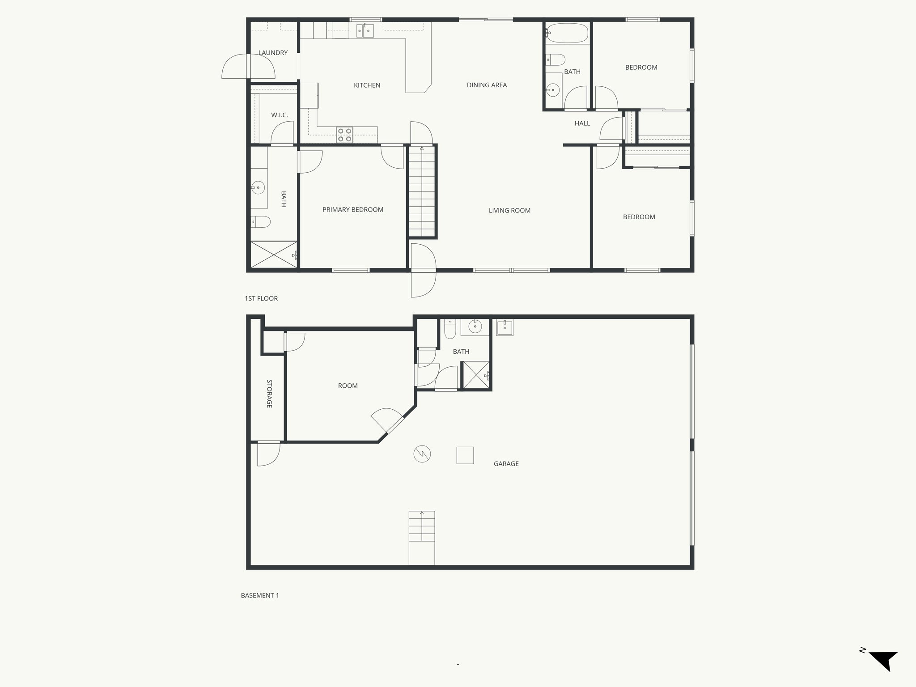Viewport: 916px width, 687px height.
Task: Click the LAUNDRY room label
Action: click(x=273, y=53)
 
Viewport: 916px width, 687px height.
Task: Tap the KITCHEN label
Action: click(x=367, y=85)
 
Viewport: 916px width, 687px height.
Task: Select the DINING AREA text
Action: click(x=487, y=85)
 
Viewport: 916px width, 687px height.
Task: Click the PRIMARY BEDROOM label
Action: click(x=352, y=210)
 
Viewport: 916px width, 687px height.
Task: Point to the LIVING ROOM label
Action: click(x=509, y=211)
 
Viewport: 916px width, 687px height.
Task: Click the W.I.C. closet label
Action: click(x=279, y=115)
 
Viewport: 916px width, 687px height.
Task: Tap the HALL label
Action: click(x=582, y=123)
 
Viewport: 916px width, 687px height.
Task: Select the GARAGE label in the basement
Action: click(x=506, y=464)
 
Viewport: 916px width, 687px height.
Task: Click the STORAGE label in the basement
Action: click(x=269, y=394)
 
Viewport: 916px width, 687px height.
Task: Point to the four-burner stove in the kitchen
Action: click(x=344, y=135)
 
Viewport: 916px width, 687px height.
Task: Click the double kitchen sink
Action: click(x=365, y=30)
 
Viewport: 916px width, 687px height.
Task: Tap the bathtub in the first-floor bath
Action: click(x=567, y=33)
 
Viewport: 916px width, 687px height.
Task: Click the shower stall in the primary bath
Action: click(x=273, y=255)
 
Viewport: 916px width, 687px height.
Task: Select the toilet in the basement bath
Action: click(x=450, y=329)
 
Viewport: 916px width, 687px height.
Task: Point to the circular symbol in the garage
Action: click(x=422, y=454)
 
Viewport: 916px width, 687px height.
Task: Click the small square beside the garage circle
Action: click(x=465, y=455)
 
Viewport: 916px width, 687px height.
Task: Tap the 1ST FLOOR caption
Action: click(x=261, y=298)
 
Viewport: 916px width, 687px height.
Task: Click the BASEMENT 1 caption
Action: click(x=260, y=595)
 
